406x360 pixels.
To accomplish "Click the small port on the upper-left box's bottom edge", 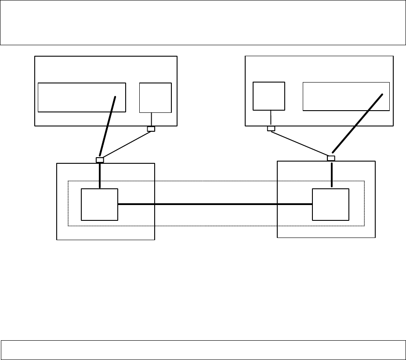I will pyautogui.click(x=151, y=129).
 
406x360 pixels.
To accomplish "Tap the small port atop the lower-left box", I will pyautogui.click(x=100, y=160).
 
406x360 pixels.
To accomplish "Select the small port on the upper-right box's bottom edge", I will pyautogui.click(x=271, y=129).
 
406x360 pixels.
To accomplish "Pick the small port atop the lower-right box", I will pyautogui.click(x=331, y=158).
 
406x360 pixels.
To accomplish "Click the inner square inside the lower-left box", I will pyautogui.click(x=100, y=204).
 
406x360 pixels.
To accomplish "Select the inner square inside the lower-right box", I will pyautogui.click(x=330, y=204).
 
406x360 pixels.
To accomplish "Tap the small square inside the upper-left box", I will pyautogui.click(x=155, y=97).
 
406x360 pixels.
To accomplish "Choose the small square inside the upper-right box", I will pyautogui.click(x=269, y=96).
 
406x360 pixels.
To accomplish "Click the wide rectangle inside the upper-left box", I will pyautogui.click(x=82, y=97).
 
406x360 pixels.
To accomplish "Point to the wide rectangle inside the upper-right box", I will pyautogui.click(x=346, y=96).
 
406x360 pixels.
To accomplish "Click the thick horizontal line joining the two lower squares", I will pyautogui.click(x=215, y=204).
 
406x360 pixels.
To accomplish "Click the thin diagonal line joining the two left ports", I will pyautogui.click(x=126, y=144).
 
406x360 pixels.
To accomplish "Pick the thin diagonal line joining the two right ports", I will pyautogui.click(x=301, y=143).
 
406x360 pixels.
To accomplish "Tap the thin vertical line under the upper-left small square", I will pyautogui.click(x=151, y=119).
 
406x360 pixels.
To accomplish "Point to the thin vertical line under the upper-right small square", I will pyautogui.click(x=271, y=118).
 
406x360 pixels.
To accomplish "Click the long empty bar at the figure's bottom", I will pyautogui.click(x=203, y=350).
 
